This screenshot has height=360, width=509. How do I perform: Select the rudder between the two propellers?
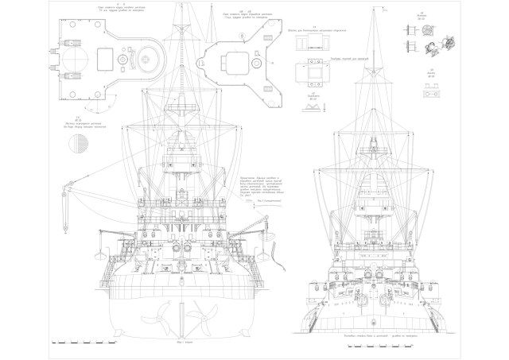(x=179, y=318)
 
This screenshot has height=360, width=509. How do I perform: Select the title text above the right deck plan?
(x=236, y=14)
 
